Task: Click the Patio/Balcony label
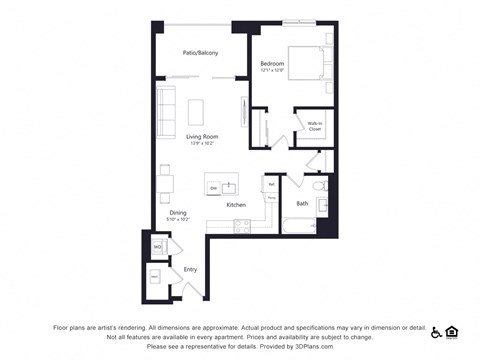click(201, 52)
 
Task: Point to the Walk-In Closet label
click(314, 126)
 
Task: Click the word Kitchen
click(236, 205)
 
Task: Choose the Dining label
click(178, 212)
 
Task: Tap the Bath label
click(302, 204)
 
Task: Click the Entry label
click(190, 269)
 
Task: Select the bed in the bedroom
click(305, 64)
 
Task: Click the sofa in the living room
click(166, 110)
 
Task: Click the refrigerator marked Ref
click(270, 184)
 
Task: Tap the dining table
click(165, 185)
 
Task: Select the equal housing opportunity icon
click(451, 331)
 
